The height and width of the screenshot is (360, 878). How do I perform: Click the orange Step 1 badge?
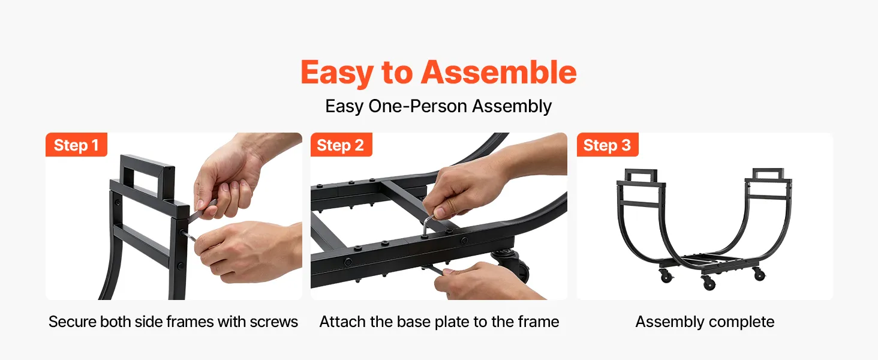(x=76, y=145)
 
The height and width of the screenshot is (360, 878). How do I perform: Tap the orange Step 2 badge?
(x=341, y=145)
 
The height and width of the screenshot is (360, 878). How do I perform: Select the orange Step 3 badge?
(x=608, y=145)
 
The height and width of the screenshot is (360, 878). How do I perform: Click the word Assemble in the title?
(x=498, y=73)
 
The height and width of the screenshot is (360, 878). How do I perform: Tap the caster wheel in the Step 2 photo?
(x=510, y=265)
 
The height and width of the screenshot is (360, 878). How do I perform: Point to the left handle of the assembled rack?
(x=641, y=175)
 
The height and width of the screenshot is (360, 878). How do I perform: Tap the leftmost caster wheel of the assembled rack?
(x=665, y=275)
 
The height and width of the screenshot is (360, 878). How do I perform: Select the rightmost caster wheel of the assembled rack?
(x=759, y=274)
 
